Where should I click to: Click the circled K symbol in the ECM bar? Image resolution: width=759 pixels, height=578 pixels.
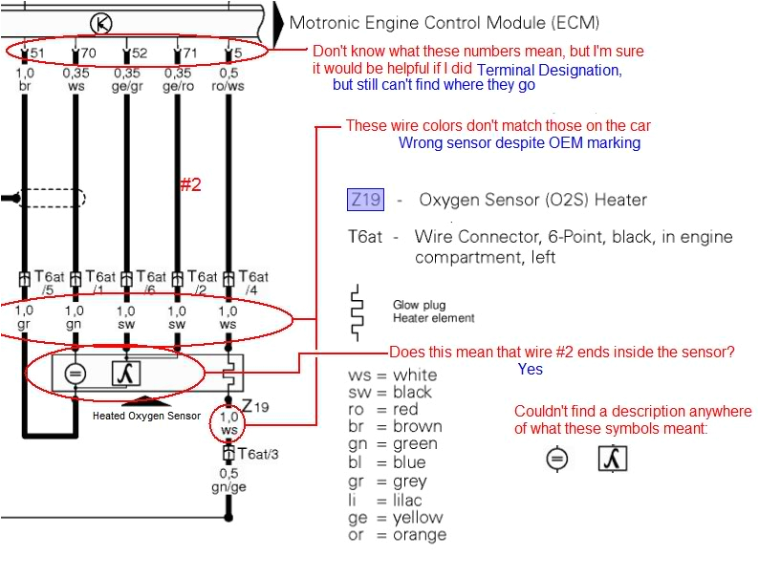[x=101, y=22]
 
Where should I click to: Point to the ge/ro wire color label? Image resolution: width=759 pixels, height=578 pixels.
[x=177, y=85]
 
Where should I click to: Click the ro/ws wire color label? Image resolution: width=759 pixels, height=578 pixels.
[x=228, y=85]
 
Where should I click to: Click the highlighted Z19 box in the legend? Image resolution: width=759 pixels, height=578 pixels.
[x=365, y=200]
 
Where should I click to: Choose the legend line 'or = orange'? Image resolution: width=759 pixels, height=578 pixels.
[x=397, y=535]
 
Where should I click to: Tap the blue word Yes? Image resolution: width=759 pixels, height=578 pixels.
[x=531, y=370]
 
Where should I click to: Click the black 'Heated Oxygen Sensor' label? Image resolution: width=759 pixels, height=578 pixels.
[x=146, y=416]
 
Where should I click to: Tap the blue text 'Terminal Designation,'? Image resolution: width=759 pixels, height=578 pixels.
[x=549, y=70]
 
